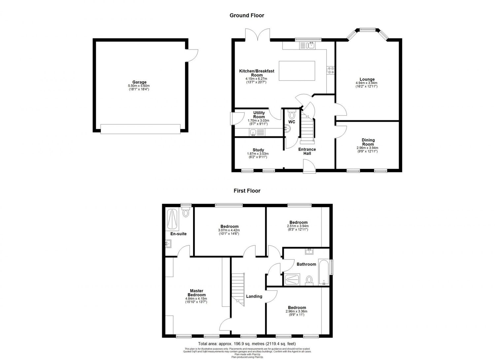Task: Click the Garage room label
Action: pyautogui.click(x=139, y=82)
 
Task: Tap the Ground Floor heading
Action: pyautogui.click(x=247, y=15)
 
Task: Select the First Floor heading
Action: pyautogui.click(x=247, y=191)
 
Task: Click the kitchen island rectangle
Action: pyautogui.click(x=297, y=71)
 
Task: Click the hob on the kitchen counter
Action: pyautogui.click(x=331, y=70)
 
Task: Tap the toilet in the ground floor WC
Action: pyautogui.click(x=292, y=115)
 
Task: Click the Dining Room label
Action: pyautogui.click(x=368, y=142)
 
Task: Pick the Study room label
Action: pyautogui.click(x=258, y=150)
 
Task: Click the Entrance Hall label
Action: pyautogui.click(x=307, y=151)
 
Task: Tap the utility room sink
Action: pyautogui.click(x=253, y=133)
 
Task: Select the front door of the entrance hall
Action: pyautogui.click(x=310, y=166)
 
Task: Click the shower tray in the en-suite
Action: pyautogui.click(x=172, y=219)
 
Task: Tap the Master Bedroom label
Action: pyautogui.click(x=196, y=293)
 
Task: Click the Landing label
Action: pyautogui.click(x=254, y=296)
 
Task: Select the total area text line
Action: pyautogui.click(x=247, y=343)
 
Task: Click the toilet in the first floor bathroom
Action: pyautogui.click(x=309, y=280)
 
